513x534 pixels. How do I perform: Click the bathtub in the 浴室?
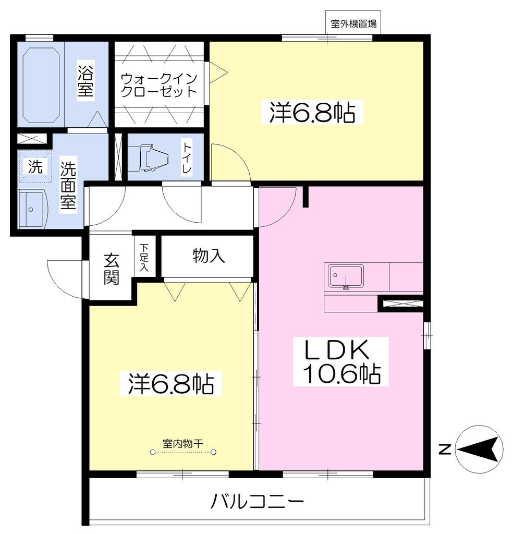click(41, 85)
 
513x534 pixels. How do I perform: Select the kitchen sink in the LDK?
click(346, 276)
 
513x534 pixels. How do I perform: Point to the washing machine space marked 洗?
click(35, 167)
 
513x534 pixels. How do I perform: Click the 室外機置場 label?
click(353, 24)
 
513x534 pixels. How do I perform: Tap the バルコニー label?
click(257, 501)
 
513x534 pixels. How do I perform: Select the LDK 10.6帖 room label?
click(341, 361)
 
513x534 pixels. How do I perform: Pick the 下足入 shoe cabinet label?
click(144, 258)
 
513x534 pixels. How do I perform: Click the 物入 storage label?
click(209, 256)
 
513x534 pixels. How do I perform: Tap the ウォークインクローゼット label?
click(159, 85)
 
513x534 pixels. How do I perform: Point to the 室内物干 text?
click(183, 443)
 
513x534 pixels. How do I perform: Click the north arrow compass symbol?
click(479, 449)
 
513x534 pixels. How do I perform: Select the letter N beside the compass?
click(445, 450)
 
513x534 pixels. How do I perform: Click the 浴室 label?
click(85, 79)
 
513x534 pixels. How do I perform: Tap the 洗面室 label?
click(68, 185)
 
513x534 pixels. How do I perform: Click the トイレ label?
click(187, 157)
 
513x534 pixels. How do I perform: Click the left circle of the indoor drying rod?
click(153, 452)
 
